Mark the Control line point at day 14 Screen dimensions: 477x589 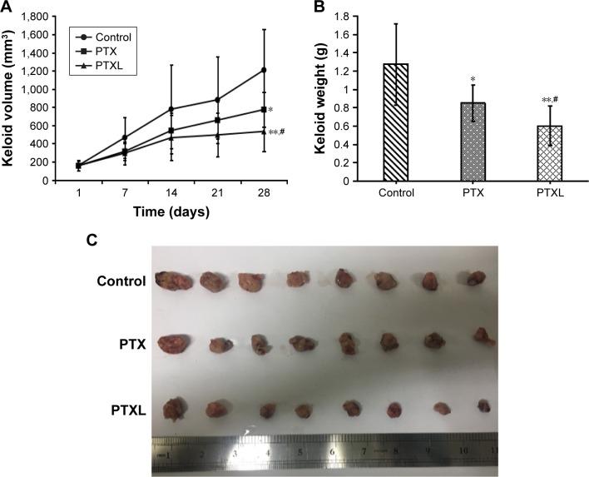pyautogui.click(x=148, y=109)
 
